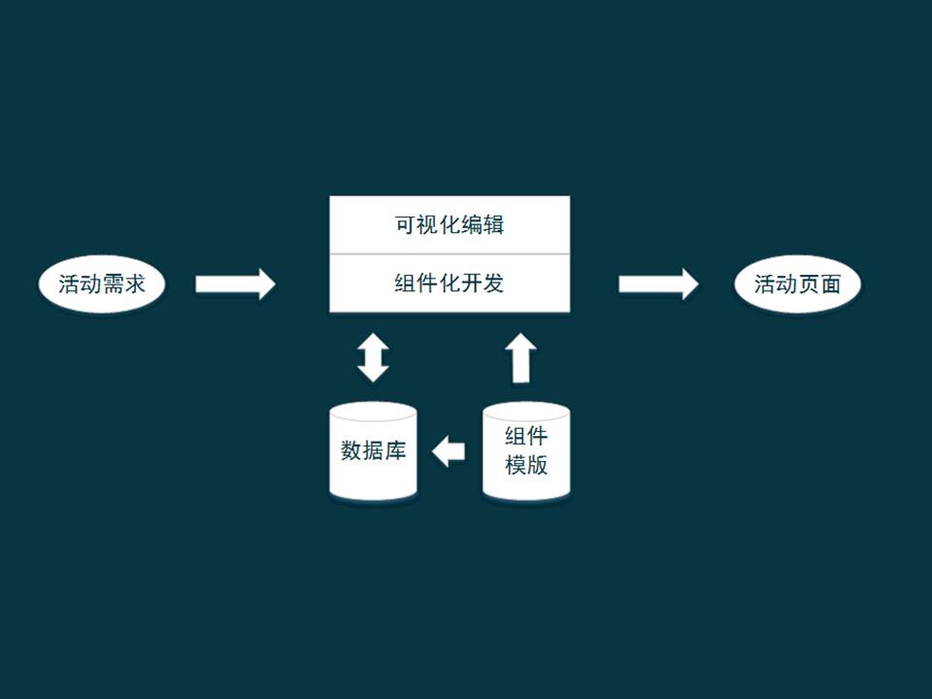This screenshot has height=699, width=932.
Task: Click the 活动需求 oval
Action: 102,284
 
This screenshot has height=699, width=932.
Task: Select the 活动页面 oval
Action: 798,284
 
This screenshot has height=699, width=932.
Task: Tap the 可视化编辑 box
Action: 449,225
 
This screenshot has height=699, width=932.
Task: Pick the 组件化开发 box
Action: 449,283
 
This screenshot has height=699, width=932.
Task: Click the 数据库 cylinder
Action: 374,452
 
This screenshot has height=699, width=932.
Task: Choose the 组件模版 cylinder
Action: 526,452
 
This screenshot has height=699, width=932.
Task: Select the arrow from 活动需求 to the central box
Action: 235,283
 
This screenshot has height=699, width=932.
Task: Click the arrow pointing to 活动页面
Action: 658,283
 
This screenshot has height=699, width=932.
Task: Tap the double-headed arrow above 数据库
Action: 373,357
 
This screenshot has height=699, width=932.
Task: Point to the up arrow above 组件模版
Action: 521,358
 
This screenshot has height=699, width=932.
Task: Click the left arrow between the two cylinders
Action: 449,450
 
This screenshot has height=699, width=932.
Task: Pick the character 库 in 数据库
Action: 395,450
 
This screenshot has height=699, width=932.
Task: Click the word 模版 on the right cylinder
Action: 526,465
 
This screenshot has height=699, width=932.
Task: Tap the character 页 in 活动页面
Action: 809,284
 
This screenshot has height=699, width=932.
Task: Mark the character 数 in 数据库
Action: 351,450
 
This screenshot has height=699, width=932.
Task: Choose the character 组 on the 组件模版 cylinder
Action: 516,436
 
